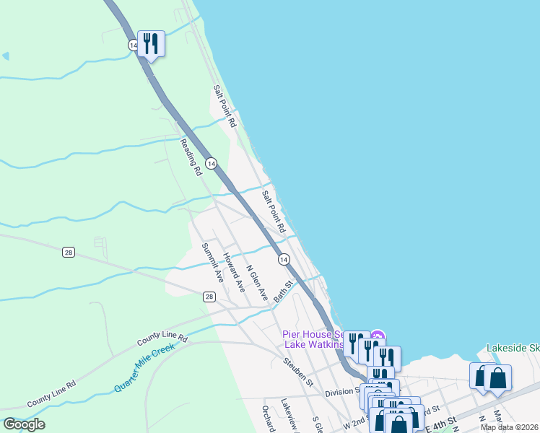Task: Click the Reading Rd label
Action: [190, 157]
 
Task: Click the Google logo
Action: [24, 424]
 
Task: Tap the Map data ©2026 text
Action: [509, 427]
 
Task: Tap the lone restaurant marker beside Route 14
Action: [151, 44]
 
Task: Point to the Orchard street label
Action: [268, 417]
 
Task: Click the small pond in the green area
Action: [5, 56]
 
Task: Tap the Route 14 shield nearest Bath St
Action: [284, 259]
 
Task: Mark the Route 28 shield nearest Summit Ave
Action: [209, 297]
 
